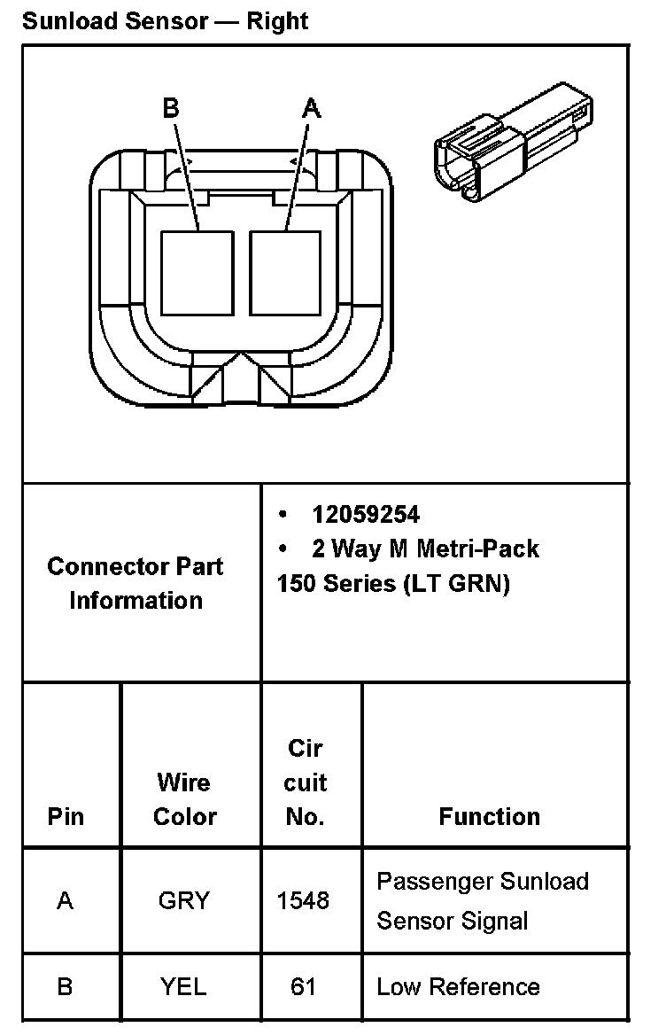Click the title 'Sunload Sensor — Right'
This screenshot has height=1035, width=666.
pyautogui.click(x=166, y=20)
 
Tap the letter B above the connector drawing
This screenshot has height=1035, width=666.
pyautogui.click(x=171, y=108)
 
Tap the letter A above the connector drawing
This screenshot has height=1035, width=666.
pyautogui.click(x=312, y=108)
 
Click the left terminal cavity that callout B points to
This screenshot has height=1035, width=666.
pyautogui.click(x=197, y=272)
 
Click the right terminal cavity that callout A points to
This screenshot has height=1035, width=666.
pyautogui.click(x=285, y=272)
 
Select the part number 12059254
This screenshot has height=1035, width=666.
pyautogui.click(x=366, y=514)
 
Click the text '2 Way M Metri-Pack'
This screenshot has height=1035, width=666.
pyautogui.click(x=425, y=549)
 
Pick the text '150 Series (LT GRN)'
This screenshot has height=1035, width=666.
pyautogui.click(x=393, y=585)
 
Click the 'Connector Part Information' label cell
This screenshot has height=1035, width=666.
pyautogui.click(x=136, y=583)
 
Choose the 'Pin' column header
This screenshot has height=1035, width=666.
pyautogui.click(x=66, y=816)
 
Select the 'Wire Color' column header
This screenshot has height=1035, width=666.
pyautogui.click(x=184, y=799)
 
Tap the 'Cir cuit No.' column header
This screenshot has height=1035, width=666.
pyautogui.click(x=306, y=782)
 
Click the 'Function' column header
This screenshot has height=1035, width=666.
pyautogui.click(x=489, y=816)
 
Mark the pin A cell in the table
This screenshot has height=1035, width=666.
pyautogui.click(x=65, y=900)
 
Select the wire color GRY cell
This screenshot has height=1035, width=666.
pyautogui.click(x=184, y=900)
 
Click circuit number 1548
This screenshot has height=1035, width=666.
pyautogui.click(x=303, y=900)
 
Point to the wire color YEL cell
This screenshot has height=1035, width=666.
pyautogui.click(x=183, y=986)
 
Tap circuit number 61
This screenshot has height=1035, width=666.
pyautogui.click(x=303, y=986)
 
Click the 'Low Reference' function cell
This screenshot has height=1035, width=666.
pyautogui.click(x=458, y=986)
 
